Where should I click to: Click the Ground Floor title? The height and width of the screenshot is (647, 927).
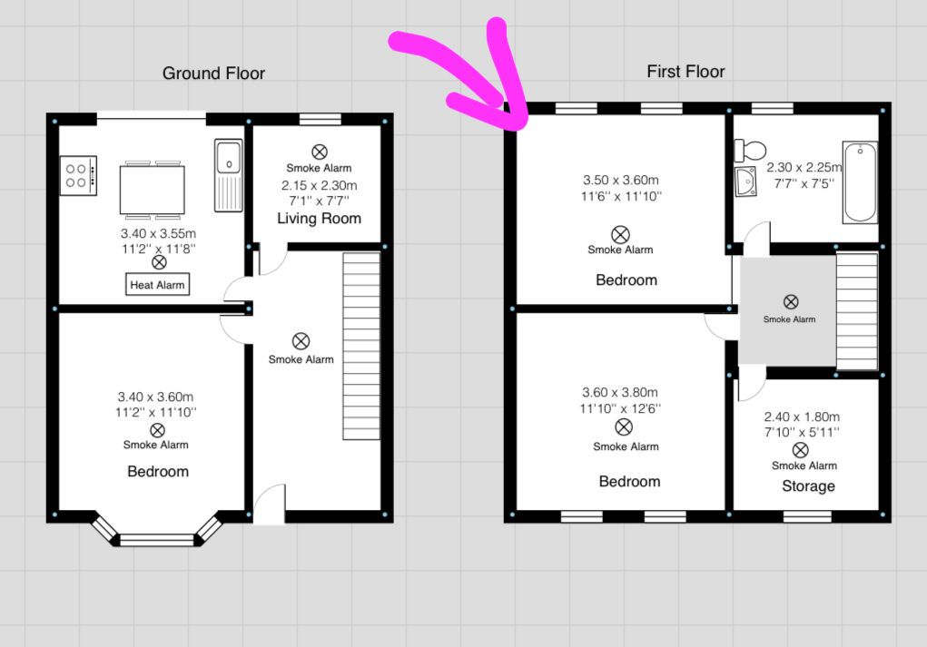[213, 74]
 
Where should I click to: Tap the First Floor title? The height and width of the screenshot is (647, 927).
[685, 72]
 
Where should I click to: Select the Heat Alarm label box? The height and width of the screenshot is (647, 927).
[158, 285]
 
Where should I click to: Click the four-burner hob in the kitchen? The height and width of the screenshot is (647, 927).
[78, 175]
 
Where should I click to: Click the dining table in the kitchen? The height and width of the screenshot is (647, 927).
[152, 191]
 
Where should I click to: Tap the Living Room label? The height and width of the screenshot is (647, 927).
[319, 219]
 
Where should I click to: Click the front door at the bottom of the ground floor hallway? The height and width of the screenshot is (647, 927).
[269, 505]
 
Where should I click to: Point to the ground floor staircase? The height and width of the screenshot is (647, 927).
[361, 346]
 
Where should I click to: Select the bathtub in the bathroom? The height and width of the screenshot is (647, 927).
[859, 181]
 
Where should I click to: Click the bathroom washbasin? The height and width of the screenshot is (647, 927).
[746, 182]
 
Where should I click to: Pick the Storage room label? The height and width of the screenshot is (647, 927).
[808, 486]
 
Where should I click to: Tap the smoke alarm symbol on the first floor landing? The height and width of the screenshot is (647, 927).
[791, 301]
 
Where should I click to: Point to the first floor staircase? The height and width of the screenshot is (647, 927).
[856, 311]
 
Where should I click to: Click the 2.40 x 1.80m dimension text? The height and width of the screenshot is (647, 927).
[802, 417]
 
